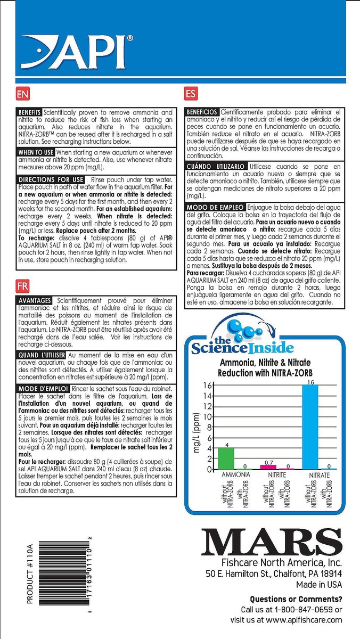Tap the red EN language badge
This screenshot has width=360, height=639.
22,95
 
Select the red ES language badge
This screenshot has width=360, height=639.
190,95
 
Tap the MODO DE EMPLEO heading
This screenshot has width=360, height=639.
216,207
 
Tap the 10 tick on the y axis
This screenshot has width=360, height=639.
208,416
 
